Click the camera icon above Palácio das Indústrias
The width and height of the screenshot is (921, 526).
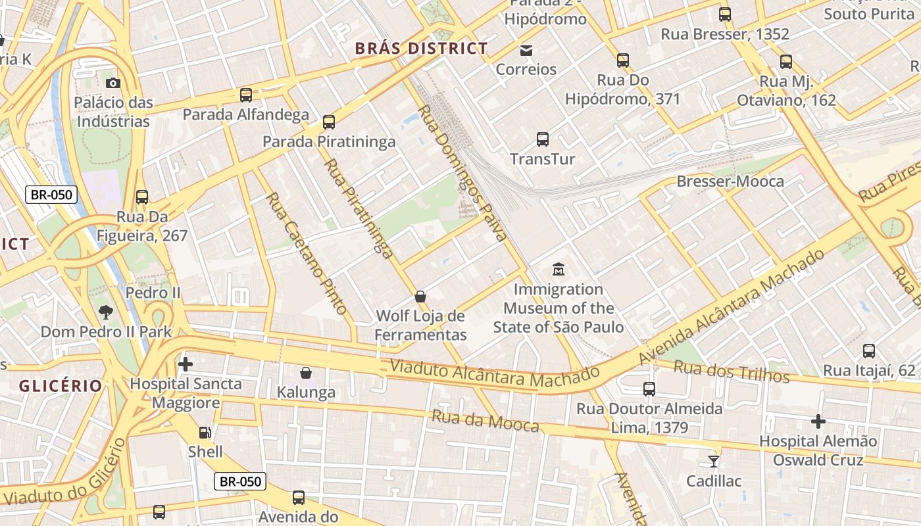pyautogui.click(x=113, y=83)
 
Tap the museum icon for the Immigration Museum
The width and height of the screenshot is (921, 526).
pyautogui.click(x=559, y=269)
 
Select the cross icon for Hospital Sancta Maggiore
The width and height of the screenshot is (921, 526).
pyautogui.click(x=186, y=364)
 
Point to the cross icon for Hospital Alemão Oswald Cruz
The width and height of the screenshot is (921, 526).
pyautogui.click(x=818, y=421)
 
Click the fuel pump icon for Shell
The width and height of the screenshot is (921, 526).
pyautogui.click(x=205, y=432)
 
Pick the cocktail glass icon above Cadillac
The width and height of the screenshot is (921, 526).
pyautogui.click(x=714, y=461)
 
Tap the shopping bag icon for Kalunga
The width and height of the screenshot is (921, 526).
pyautogui.click(x=306, y=373)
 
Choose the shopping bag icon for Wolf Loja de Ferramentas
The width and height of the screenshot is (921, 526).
pyautogui.click(x=420, y=297)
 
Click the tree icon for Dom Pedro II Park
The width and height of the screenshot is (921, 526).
pyautogui.click(x=105, y=312)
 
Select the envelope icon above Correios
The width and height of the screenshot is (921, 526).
pyautogui.click(x=526, y=50)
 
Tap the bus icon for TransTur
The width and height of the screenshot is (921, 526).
pyautogui.click(x=543, y=139)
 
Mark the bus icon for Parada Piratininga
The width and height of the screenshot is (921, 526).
pyautogui.click(x=329, y=122)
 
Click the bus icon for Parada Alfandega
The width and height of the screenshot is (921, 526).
pyautogui.click(x=246, y=95)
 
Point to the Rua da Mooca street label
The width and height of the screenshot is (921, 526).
pyautogui.click(x=485, y=421)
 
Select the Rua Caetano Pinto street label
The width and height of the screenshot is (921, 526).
pyautogui.click(x=306, y=252)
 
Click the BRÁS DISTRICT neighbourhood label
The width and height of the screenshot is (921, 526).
pyautogui.click(x=421, y=48)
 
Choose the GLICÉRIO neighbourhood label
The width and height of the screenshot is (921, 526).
pyautogui.click(x=61, y=386)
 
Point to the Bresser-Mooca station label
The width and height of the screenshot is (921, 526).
pyautogui.click(x=730, y=181)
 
